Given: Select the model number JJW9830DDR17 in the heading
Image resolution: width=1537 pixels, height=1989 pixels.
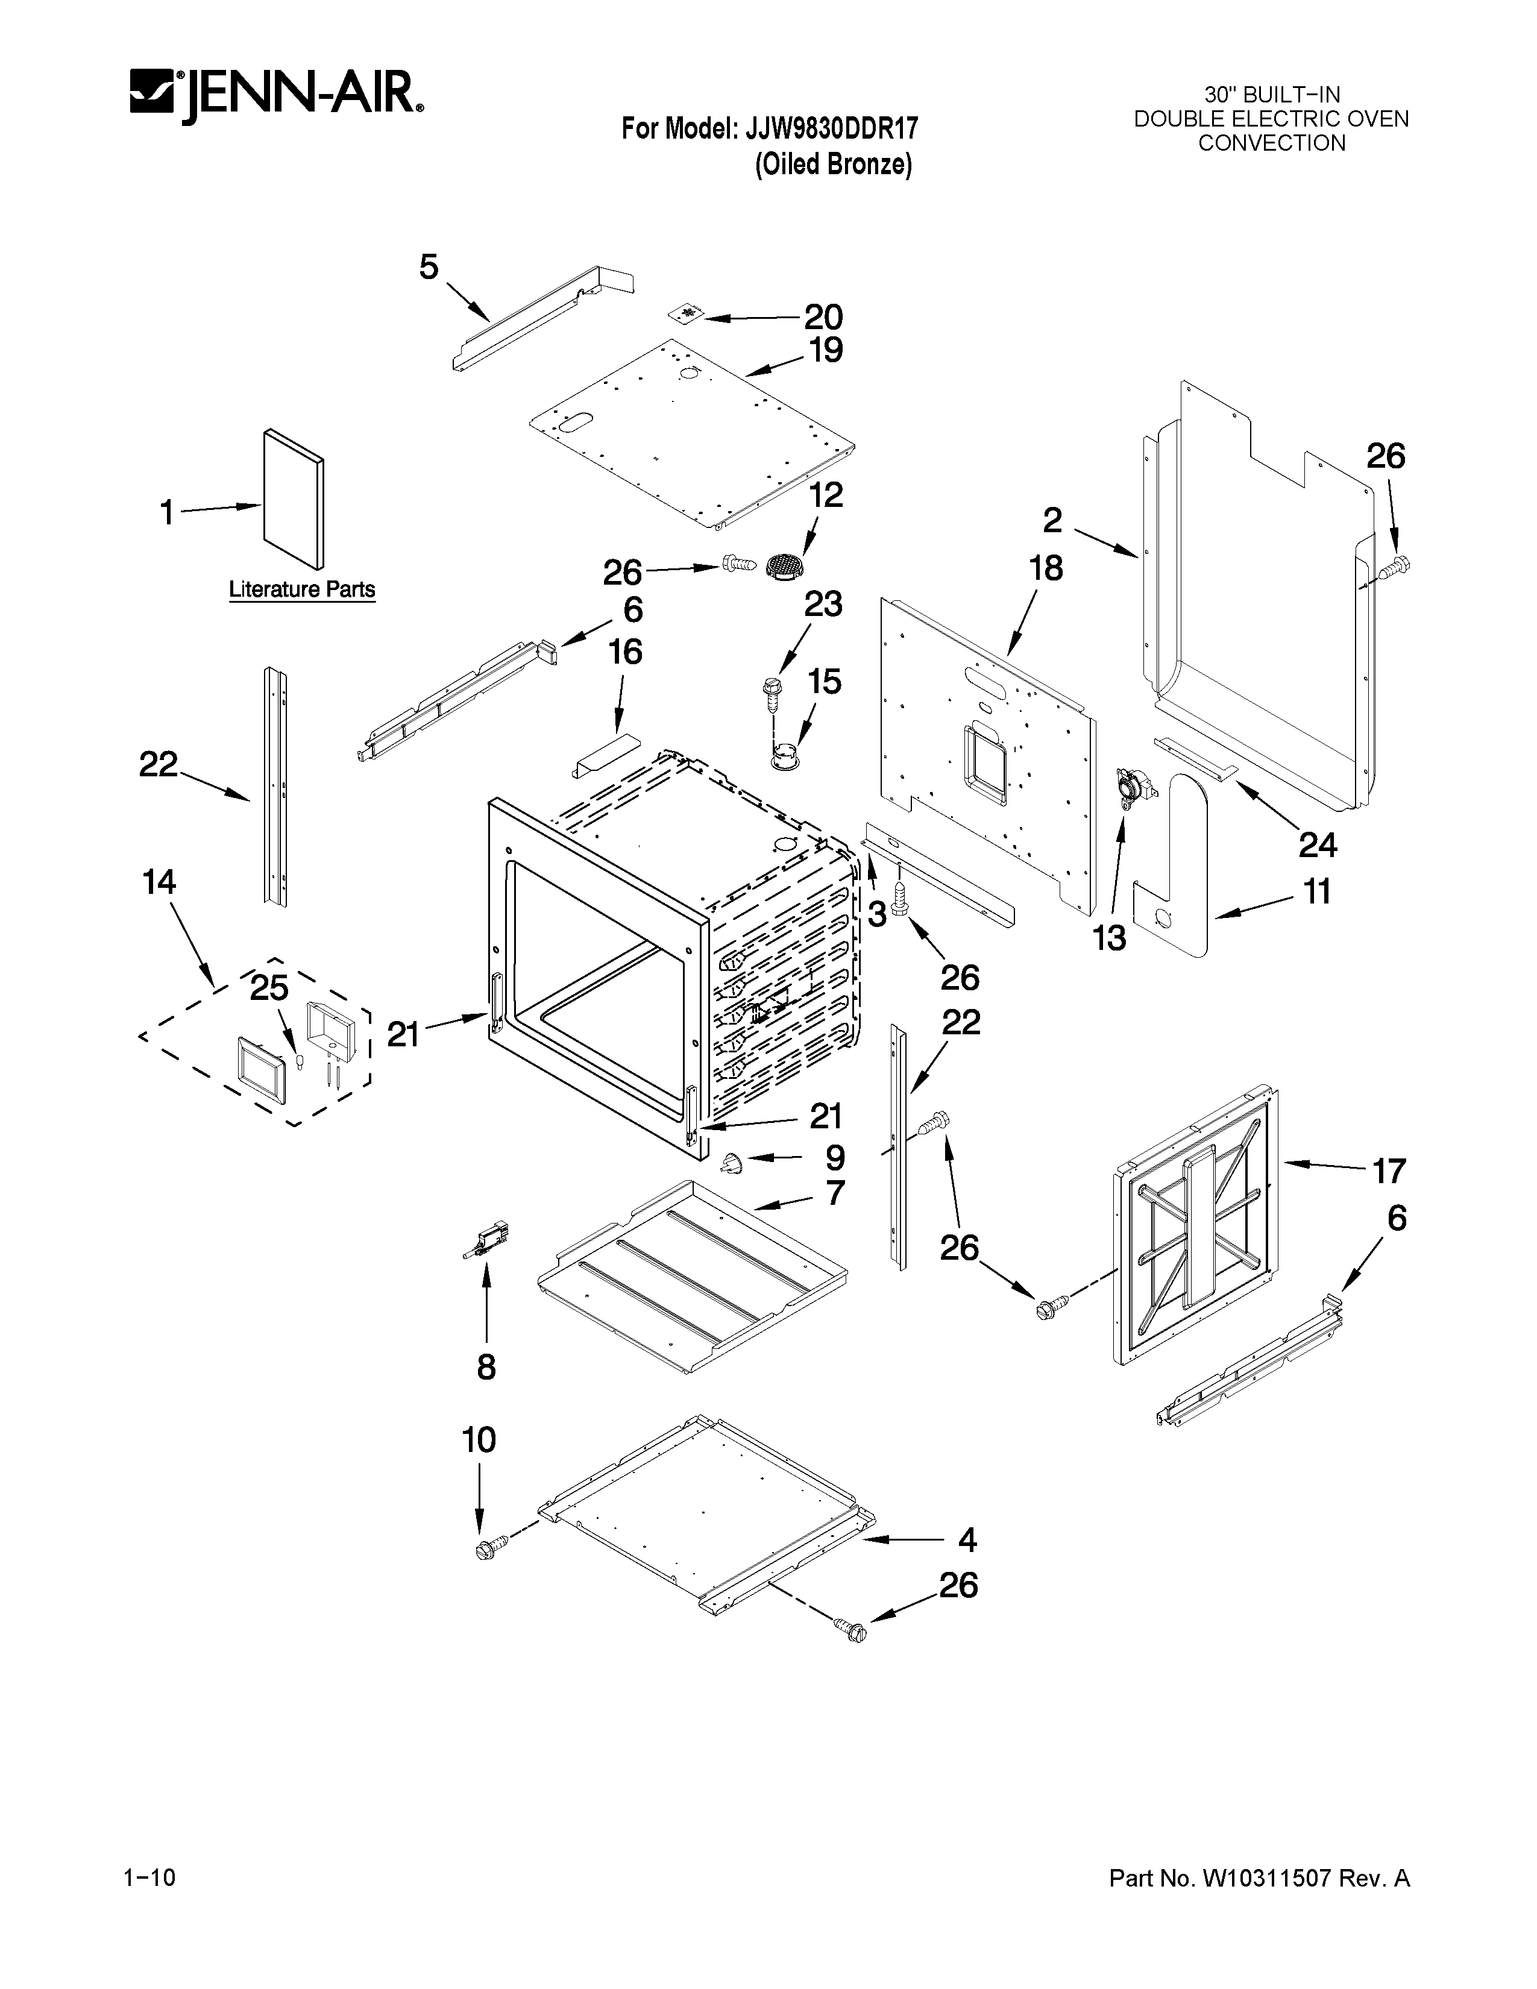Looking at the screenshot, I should tap(831, 128).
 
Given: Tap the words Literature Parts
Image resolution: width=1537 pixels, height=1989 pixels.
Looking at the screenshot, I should tap(301, 589).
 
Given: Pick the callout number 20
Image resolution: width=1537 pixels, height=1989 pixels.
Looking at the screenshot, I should tap(823, 317).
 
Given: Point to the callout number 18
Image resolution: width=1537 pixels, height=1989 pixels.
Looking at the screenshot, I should tap(1046, 568).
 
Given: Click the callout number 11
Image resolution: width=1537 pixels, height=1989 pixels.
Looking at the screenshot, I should tap(1316, 891).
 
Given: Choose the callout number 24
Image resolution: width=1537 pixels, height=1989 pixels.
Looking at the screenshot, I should tap(1316, 845).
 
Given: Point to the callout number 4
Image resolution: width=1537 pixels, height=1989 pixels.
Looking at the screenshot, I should tap(967, 1540).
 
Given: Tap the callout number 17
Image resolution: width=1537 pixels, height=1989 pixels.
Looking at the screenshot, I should tap(1389, 1170).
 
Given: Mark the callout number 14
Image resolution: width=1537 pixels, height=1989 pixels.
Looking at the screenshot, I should tap(159, 882).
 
